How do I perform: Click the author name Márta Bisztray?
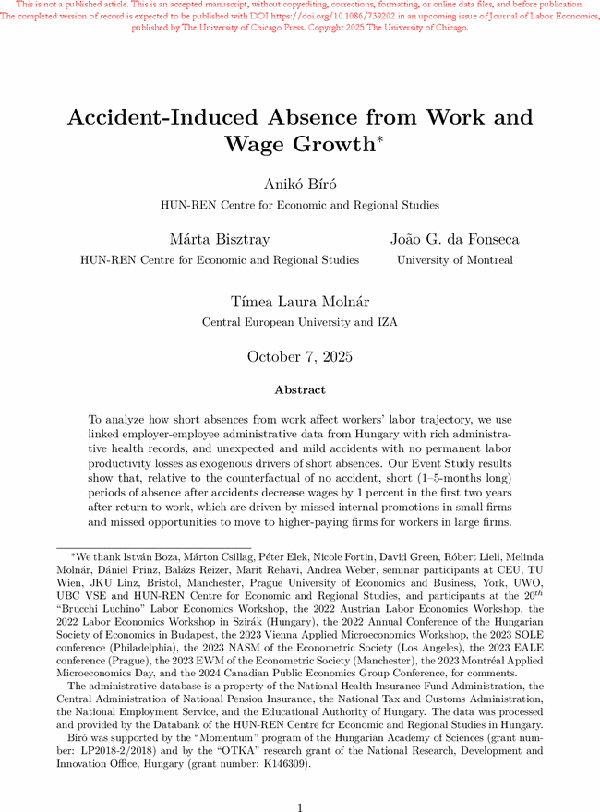220,240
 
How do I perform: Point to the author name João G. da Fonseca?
454,240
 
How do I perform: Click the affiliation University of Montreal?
454,260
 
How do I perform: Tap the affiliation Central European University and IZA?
299,322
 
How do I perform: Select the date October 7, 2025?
299,357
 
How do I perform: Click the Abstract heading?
299,390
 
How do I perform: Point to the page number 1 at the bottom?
300,807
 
